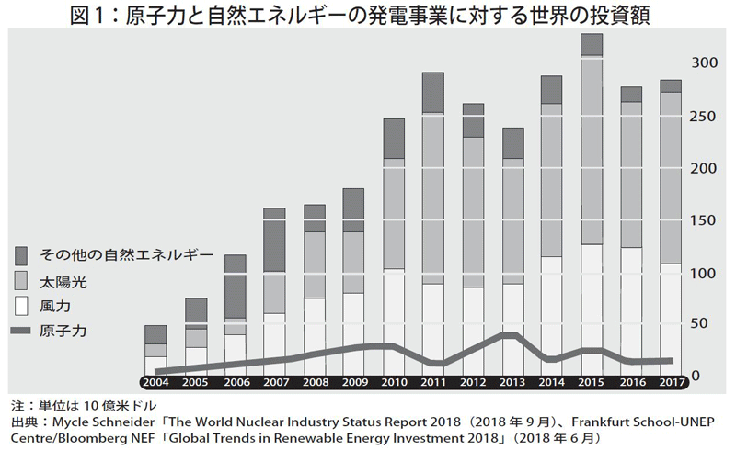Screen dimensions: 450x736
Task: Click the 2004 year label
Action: coord(156,381)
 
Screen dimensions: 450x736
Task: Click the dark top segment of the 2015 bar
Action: coord(591,44)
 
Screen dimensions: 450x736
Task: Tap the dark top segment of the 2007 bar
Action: coord(274,240)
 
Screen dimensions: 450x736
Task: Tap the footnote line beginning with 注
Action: coord(83,405)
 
